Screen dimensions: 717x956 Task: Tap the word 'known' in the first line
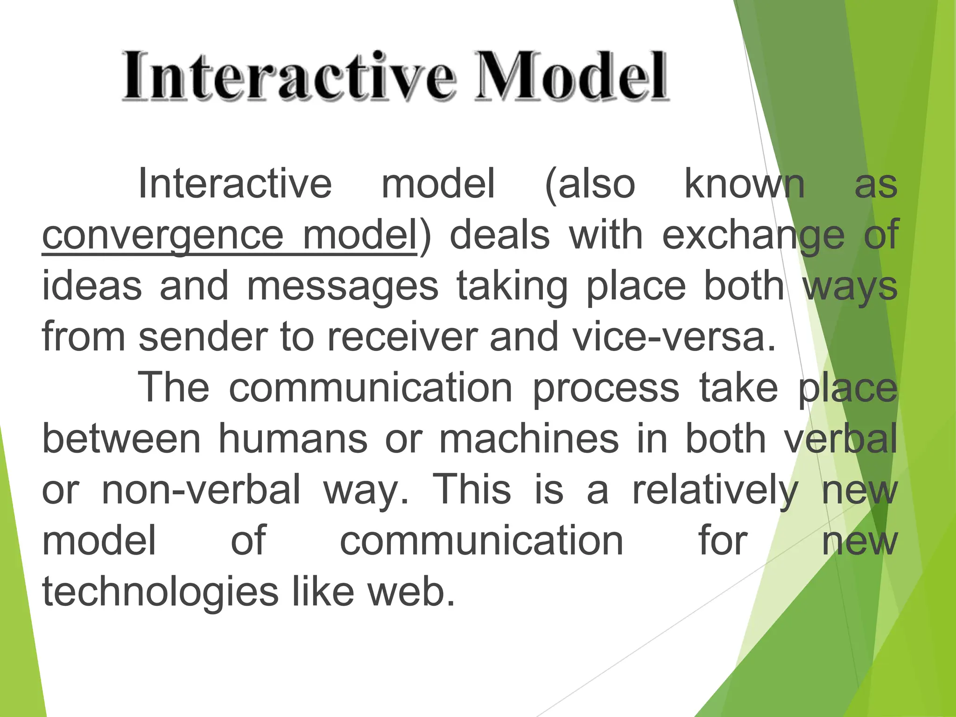pyautogui.click(x=744, y=184)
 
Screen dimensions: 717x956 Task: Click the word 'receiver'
pyautogui.click(x=402, y=337)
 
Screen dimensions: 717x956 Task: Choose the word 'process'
pyautogui.click(x=606, y=388)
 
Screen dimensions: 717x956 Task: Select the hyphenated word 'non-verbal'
pyautogui.click(x=201, y=490)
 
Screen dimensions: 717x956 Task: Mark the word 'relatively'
pyautogui.click(x=715, y=490)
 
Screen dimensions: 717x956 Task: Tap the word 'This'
pyautogui.click(x=472, y=490)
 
